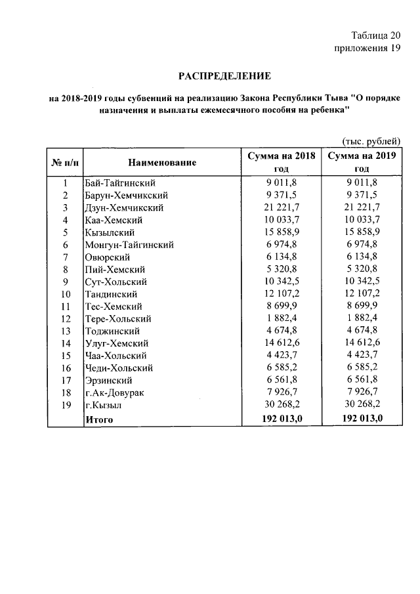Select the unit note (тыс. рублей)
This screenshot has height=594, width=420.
(371, 142)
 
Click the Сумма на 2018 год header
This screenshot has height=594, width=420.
(282, 162)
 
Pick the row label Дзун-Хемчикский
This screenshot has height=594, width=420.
(124, 208)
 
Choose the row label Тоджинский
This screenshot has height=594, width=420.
(112, 331)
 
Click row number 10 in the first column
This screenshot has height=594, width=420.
(66, 294)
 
